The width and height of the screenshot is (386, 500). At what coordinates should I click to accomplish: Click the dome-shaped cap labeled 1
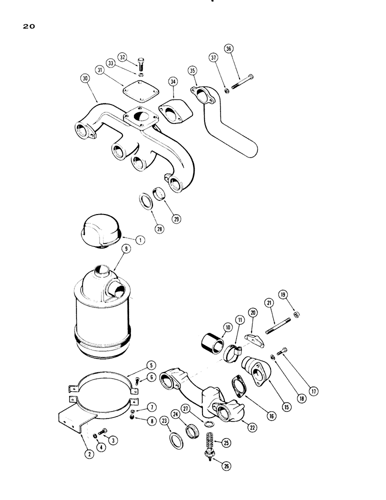[x=102, y=230]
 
